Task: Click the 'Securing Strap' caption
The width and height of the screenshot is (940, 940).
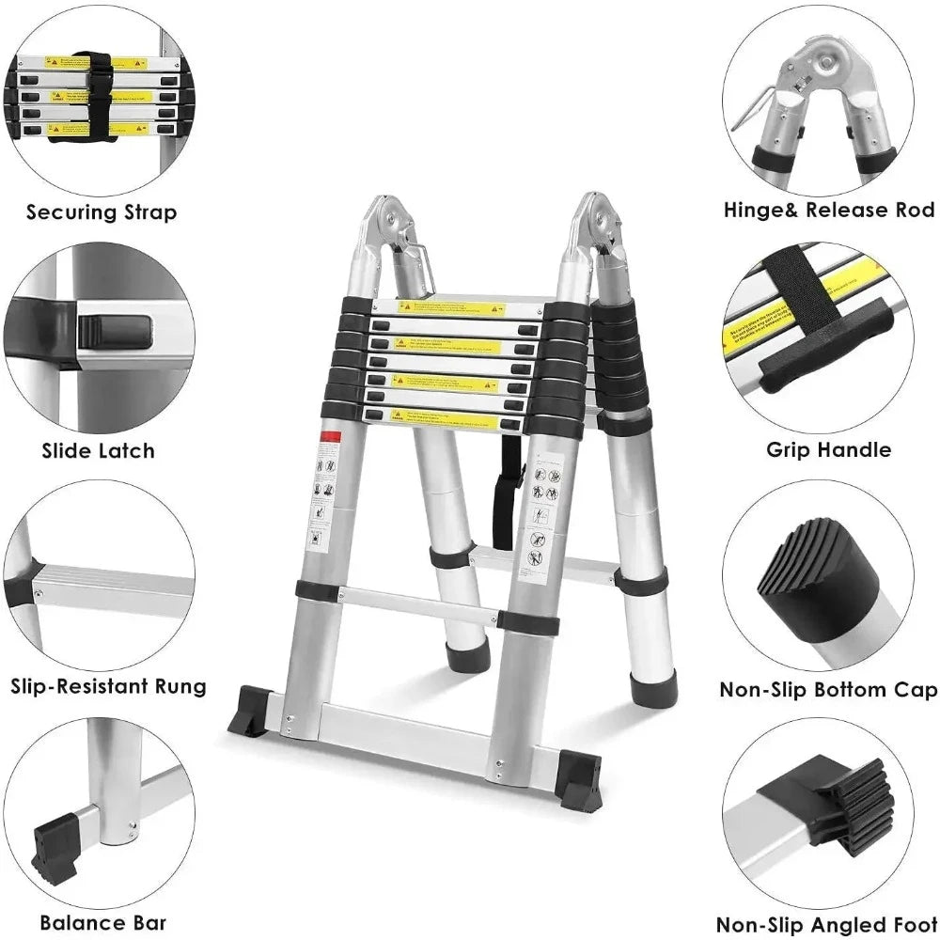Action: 101,212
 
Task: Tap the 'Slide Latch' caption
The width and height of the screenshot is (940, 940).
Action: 98,451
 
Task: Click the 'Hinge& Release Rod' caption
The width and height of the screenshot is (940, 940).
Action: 829,210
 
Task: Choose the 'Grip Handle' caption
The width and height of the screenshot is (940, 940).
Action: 828,449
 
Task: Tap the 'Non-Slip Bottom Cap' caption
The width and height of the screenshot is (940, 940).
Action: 828,690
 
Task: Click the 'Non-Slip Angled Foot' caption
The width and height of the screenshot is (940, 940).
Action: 827,925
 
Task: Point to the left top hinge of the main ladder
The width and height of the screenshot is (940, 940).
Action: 388,226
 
